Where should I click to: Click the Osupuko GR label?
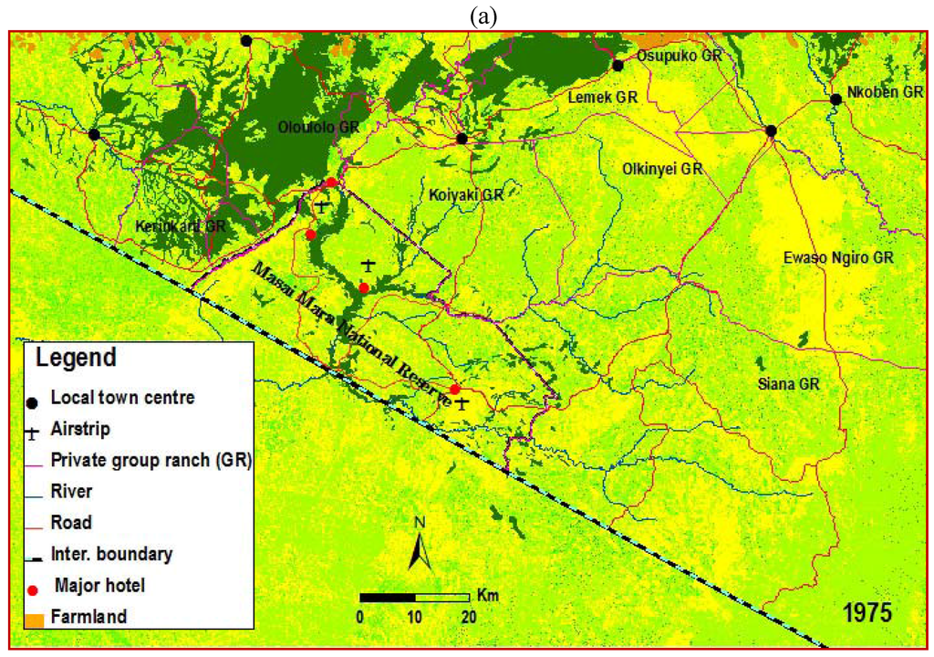coord(680,56)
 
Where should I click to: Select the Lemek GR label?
coord(601,96)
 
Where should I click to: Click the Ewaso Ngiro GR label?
coord(838,257)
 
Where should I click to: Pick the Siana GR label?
coord(789,384)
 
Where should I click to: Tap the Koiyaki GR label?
coord(466,194)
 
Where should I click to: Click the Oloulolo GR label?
coord(318,127)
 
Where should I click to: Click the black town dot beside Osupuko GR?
coord(617,65)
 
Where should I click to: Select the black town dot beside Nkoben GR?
coord(835,99)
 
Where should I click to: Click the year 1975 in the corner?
coord(867,609)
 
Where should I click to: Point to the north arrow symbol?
coord(419,544)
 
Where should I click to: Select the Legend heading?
coord(76,358)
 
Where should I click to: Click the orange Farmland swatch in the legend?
coord(32,618)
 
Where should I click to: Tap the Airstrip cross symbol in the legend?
coord(33,427)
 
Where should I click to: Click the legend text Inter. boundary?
coord(111,553)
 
